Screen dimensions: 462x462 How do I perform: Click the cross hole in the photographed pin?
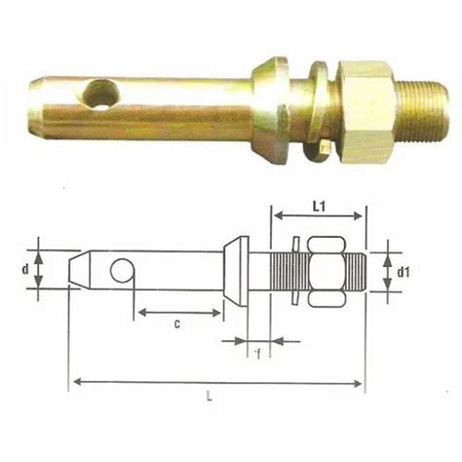[100, 96]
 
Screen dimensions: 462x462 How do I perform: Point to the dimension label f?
[255, 353]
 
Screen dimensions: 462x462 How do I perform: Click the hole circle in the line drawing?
[122, 270]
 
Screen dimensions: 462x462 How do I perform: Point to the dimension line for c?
[181, 312]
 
